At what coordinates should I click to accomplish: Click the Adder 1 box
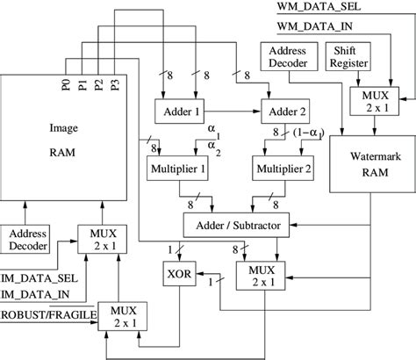point(179,112)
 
